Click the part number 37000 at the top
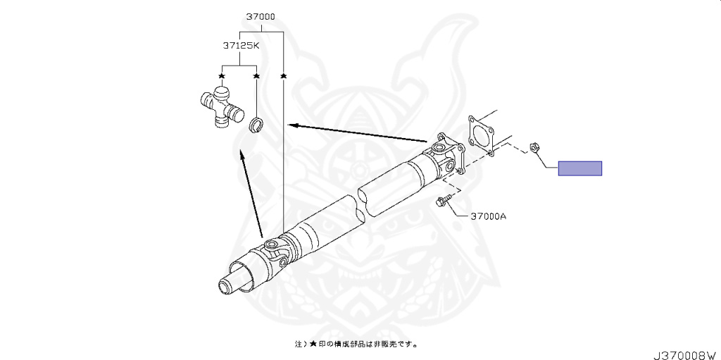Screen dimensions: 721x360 click(261, 17)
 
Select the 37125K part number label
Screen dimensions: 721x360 click(241, 46)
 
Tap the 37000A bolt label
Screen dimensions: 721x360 click(488, 216)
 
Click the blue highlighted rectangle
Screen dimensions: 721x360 click(580, 168)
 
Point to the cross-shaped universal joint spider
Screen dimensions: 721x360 click(221, 108)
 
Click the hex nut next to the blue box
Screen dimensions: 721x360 click(534, 147)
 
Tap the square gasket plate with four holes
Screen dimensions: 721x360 click(480, 135)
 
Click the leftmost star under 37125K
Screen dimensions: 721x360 click(222, 75)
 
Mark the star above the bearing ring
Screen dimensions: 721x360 click(256, 75)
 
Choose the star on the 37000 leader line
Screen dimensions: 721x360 click(284, 75)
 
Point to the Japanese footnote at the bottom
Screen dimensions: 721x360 click(356, 344)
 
